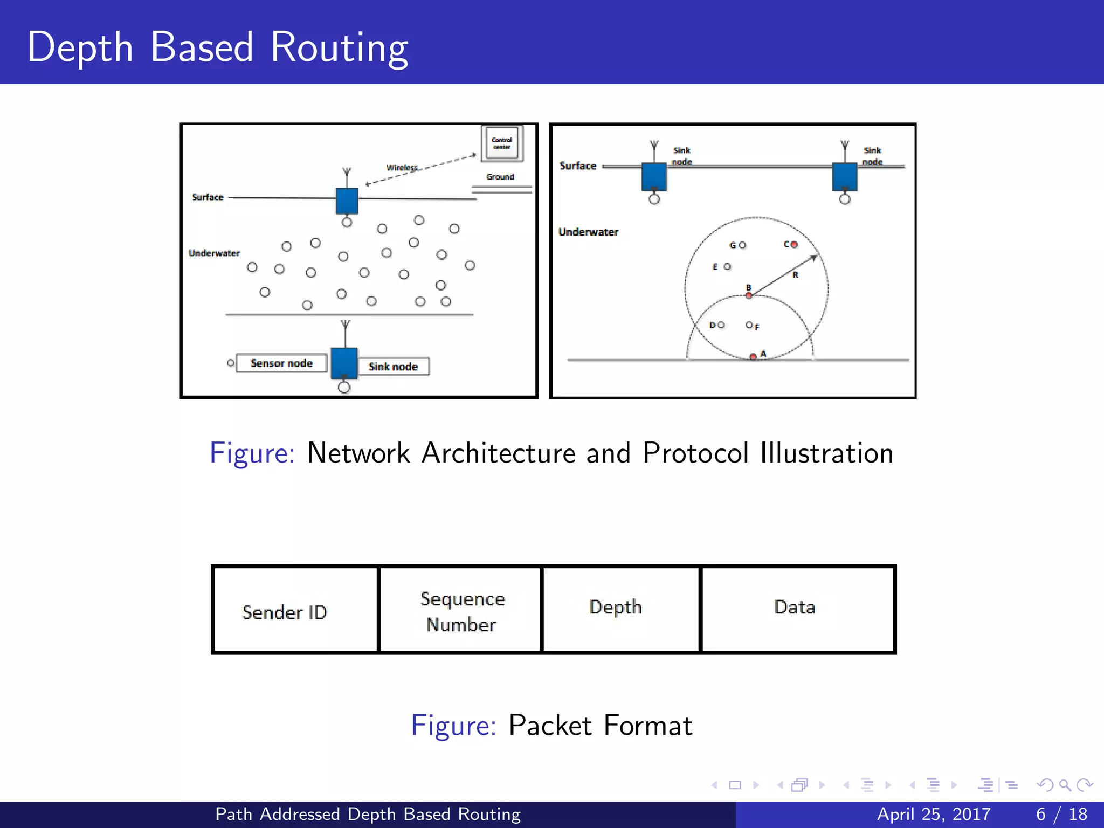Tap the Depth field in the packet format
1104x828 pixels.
point(616,608)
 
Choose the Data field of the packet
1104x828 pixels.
point(795,608)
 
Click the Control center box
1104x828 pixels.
point(502,143)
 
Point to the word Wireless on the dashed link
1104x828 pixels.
point(402,168)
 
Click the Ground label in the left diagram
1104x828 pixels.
point(500,177)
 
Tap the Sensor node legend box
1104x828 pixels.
point(281,363)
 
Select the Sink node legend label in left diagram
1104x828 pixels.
point(394,367)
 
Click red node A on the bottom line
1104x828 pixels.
point(753,357)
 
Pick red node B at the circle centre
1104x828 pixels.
point(749,295)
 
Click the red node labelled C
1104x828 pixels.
point(794,245)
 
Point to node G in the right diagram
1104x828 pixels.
point(742,245)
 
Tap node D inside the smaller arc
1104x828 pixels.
point(721,325)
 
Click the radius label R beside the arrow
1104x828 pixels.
point(796,275)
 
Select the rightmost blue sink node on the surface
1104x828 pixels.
point(845,177)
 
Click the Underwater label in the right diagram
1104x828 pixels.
point(588,232)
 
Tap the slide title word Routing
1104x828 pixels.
point(339,49)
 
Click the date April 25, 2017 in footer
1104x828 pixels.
point(934,814)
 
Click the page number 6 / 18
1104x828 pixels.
point(1061,814)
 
